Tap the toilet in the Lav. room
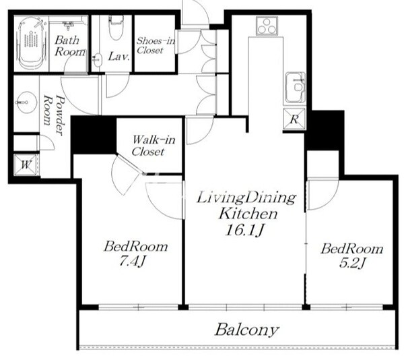[x=116, y=27]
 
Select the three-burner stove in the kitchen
[x=267, y=26]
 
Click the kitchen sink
[x=296, y=87]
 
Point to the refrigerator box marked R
[x=294, y=119]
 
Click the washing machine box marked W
[x=26, y=164]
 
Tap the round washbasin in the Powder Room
[x=26, y=102]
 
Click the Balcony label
[x=247, y=330]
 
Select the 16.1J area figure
[x=244, y=230]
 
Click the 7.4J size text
[x=132, y=262]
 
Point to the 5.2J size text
[x=352, y=263]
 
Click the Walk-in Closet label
[x=153, y=146]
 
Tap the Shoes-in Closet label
[x=156, y=45]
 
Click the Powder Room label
[x=53, y=113]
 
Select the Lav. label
[x=119, y=56]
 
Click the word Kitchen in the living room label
[x=248, y=214]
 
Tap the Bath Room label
[x=69, y=46]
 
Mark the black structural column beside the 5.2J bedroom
[x=325, y=131]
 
